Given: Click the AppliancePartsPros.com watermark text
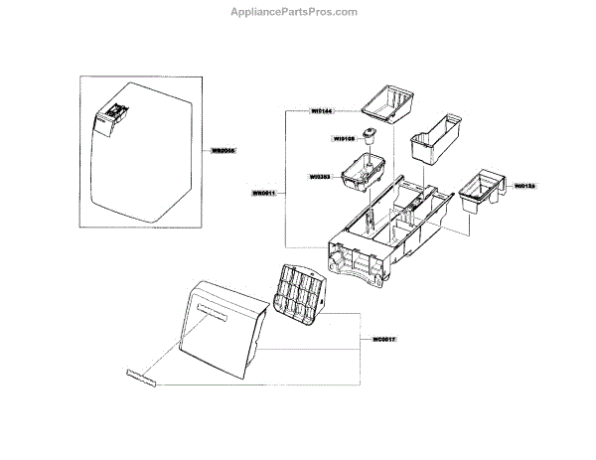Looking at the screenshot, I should coord(298,11).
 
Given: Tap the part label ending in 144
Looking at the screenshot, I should coord(322,112).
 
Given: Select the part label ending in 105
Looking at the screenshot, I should coord(346,140).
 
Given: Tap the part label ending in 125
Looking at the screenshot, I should coord(525,185).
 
